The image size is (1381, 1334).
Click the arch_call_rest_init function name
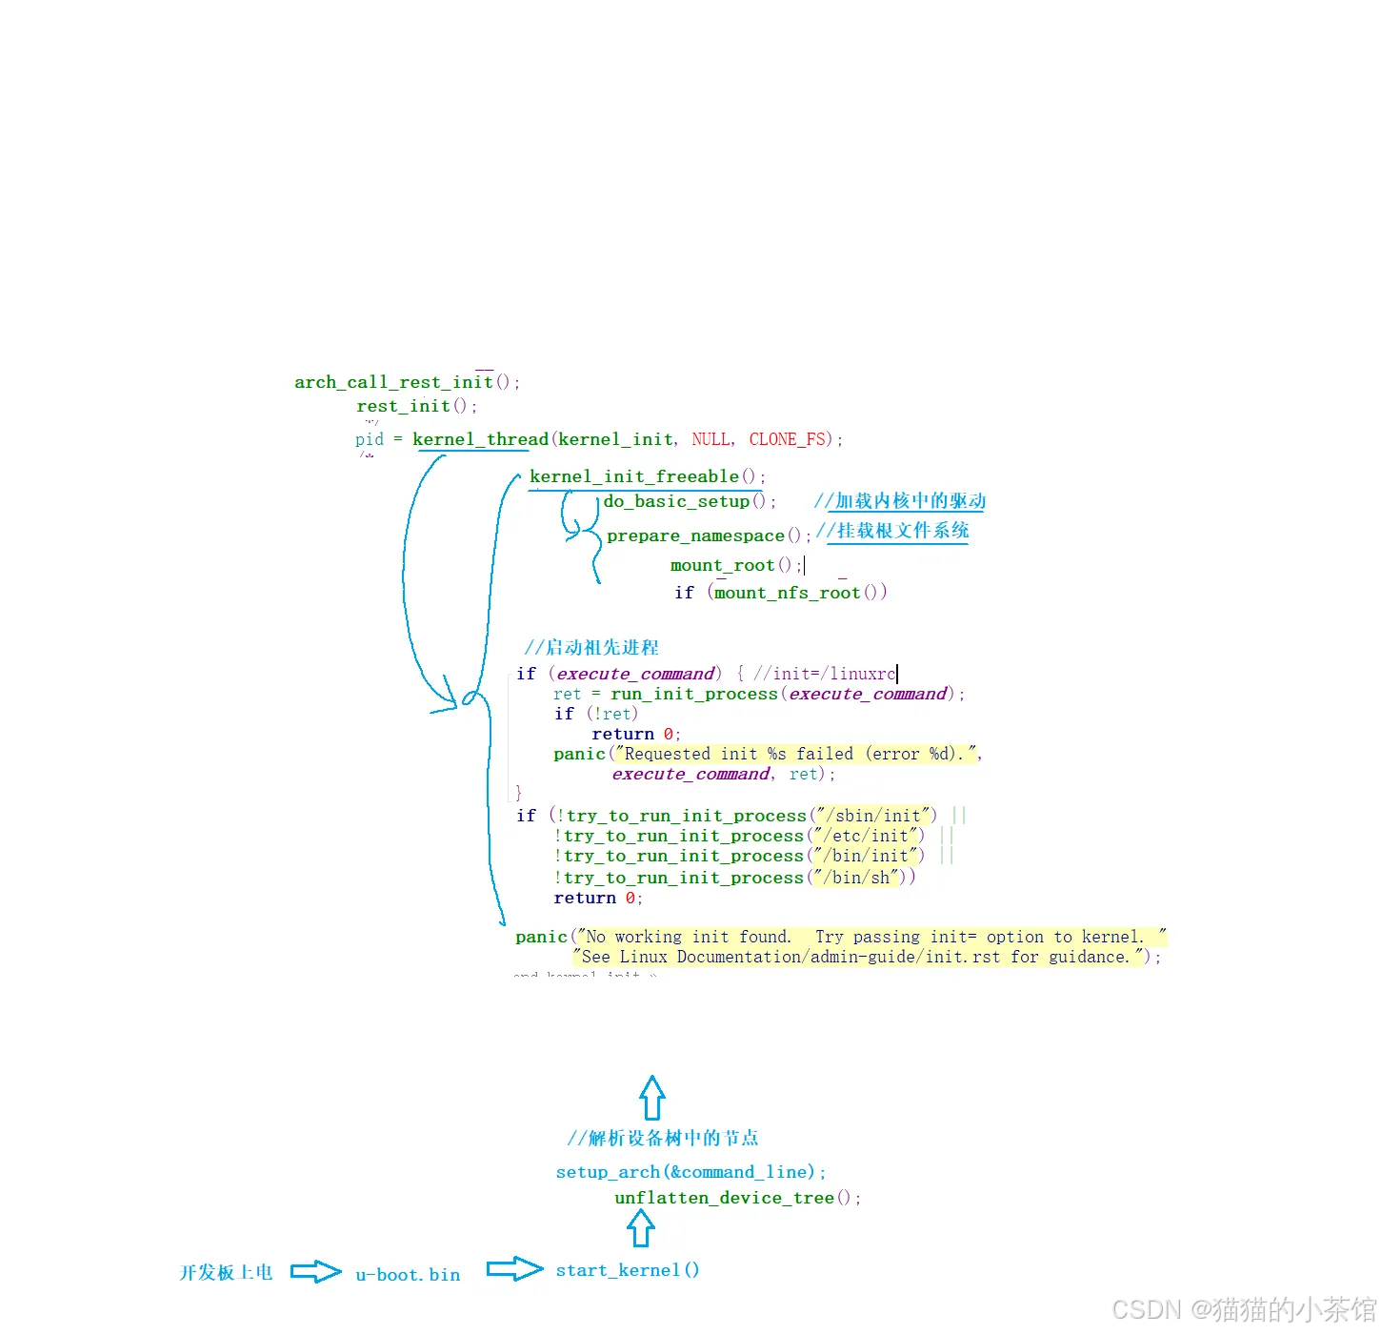click(393, 382)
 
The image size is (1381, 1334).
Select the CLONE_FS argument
click(788, 439)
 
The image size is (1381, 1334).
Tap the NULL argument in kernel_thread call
click(711, 439)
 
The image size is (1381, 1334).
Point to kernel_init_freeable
click(633, 476)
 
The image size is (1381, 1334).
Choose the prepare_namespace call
click(695, 536)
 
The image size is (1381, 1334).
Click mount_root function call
click(722, 565)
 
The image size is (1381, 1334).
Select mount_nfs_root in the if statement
click(787, 593)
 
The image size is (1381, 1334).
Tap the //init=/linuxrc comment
click(824, 674)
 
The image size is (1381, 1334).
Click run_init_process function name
click(693, 694)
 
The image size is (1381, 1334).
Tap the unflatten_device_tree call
click(724, 1198)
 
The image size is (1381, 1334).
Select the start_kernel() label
click(627, 1270)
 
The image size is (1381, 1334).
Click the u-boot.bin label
click(408, 1275)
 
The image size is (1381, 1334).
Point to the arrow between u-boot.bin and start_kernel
click(514, 1269)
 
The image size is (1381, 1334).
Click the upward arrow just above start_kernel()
click(641, 1228)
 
